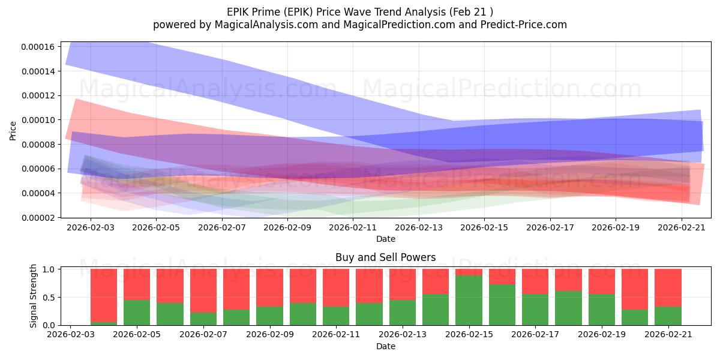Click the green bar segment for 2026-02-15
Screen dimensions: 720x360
(469, 300)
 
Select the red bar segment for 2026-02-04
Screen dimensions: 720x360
(104, 295)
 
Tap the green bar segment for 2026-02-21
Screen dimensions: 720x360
(668, 316)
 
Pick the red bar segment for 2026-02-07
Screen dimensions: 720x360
(203, 290)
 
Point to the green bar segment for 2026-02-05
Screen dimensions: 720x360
(137, 313)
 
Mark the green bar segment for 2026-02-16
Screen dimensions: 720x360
(502, 305)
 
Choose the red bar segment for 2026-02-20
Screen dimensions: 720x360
(635, 289)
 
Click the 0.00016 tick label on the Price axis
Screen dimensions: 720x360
(38, 47)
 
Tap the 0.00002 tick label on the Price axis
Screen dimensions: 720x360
(38, 218)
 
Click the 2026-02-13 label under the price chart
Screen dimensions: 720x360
(419, 227)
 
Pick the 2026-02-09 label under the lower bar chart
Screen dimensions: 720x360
(270, 335)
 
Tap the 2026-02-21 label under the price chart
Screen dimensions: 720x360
(682, 227)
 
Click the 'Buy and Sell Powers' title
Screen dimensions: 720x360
(386, 257)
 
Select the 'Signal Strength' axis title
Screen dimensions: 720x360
(33, 296)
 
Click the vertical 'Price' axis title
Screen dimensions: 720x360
(13, 131)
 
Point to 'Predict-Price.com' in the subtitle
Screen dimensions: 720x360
(524, 25)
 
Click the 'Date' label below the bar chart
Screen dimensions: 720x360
(386, 347)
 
